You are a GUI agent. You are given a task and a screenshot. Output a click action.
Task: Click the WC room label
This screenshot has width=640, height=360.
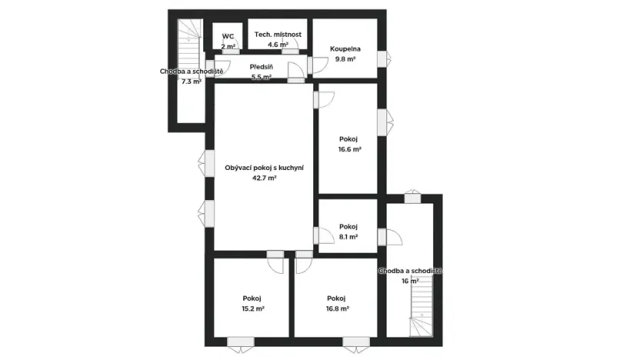[x=228, y=36]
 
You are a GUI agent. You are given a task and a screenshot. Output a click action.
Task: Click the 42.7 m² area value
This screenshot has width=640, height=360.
[x=264, y=178]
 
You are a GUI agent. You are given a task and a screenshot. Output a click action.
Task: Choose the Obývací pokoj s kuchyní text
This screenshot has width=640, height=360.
[x=264, y=168]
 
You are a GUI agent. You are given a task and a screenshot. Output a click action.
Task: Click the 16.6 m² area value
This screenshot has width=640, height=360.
[x=350, y=150]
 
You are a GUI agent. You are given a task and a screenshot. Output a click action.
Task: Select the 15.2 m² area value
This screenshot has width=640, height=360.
[x=253, y=308]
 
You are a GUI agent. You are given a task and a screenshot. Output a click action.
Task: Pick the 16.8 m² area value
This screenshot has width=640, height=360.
[x=337, y=308]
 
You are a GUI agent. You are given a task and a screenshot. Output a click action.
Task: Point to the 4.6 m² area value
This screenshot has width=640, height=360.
[x=278, y=45]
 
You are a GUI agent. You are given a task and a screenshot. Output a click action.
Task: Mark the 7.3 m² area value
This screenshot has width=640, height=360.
[x=191, y=82]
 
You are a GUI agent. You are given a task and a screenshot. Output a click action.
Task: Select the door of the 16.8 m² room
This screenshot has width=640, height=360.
[x=302, y=262]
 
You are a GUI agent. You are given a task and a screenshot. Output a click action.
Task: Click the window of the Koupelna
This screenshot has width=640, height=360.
[x=387, y=58]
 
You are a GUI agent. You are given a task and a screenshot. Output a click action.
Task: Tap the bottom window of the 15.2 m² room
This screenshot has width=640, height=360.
[x=241, y=342]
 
